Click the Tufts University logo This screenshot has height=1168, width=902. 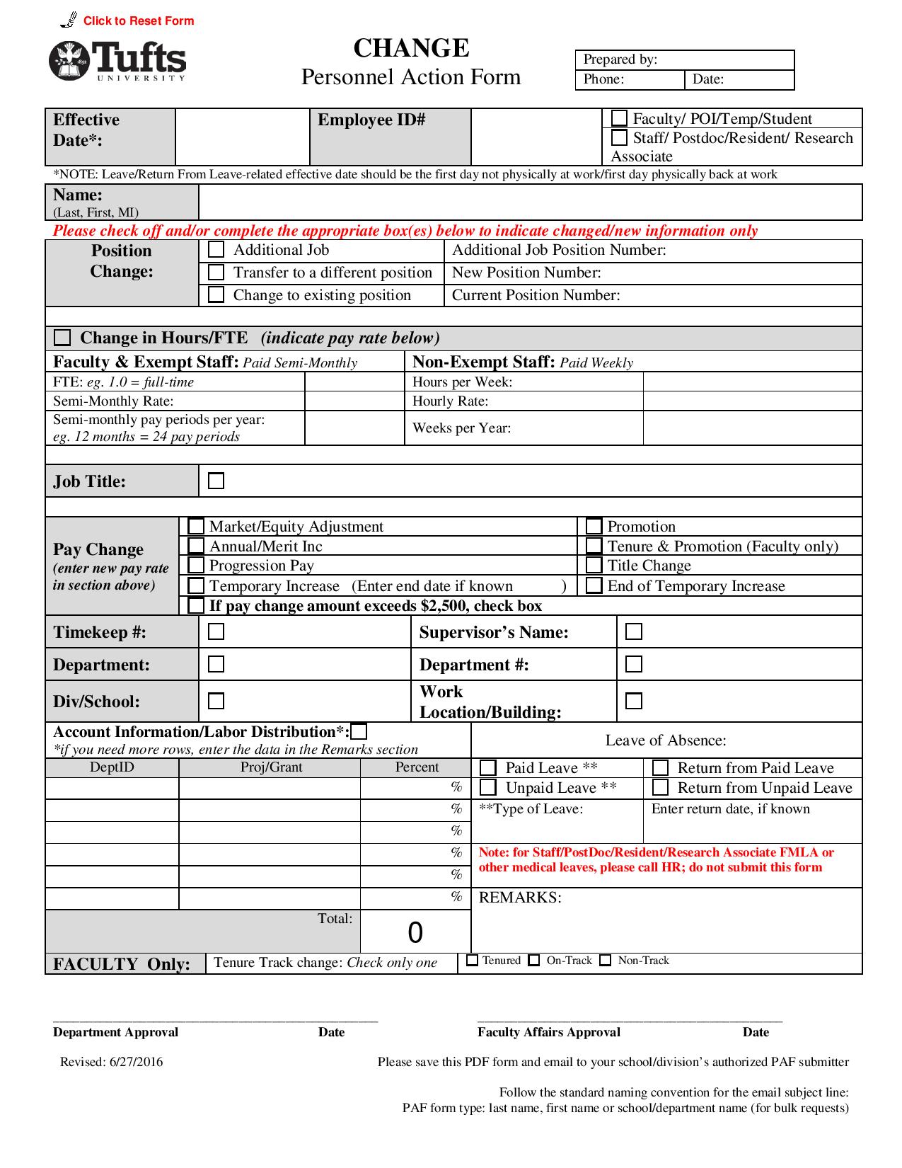coord(117,61)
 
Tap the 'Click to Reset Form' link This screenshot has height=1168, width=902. coord(138,21)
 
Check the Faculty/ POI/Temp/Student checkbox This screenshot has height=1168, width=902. coord(619,118)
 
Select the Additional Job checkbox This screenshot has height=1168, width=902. coord(216,250)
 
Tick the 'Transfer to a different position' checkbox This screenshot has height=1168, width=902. coord(216,273)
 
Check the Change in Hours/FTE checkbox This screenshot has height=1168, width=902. coord(63,338)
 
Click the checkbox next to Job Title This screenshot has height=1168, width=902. coord(216,481)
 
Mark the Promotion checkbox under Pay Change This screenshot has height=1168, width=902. coord(594,527)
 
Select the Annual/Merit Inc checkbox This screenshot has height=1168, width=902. coord(196,546)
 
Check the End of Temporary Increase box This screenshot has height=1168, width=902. coord(594,586)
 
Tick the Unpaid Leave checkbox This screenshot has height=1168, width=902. coord(487,787)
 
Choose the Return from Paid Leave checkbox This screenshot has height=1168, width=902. coord(660,768)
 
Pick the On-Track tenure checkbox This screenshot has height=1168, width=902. coord(534,961)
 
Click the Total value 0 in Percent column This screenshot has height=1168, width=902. coord(415,932)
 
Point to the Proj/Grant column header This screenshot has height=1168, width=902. coord(270,767)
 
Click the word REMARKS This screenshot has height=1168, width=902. coord(520,898)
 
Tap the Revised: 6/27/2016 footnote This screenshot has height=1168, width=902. coord(111,1062)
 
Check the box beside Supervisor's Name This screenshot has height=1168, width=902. coord(634,631)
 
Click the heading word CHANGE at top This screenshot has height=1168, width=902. coord(411,48)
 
